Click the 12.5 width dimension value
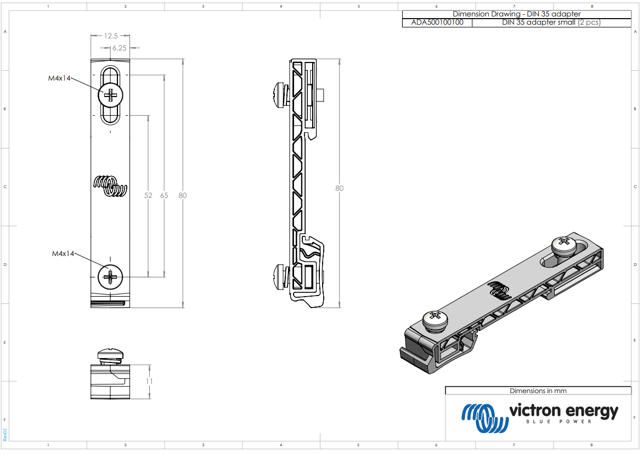[111, 36]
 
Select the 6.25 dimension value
[119, 48]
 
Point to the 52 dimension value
[148, 196]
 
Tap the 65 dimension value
[164, 196]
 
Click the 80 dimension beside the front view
[182, 196]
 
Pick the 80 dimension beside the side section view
[340, 189]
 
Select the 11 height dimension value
[149, 382]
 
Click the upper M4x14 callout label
[59, 78]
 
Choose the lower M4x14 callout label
[63, 254]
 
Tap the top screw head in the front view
[111, 96]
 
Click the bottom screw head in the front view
[111, 278]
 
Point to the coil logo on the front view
[111, 186]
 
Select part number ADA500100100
[437, 23]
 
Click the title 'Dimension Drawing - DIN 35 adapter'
[516, 14]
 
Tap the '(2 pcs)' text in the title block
[589, 23]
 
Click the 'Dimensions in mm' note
[538, 391]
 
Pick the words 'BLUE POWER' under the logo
[559, 422]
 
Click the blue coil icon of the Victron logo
[483, 418]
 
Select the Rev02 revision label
[5, 435]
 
